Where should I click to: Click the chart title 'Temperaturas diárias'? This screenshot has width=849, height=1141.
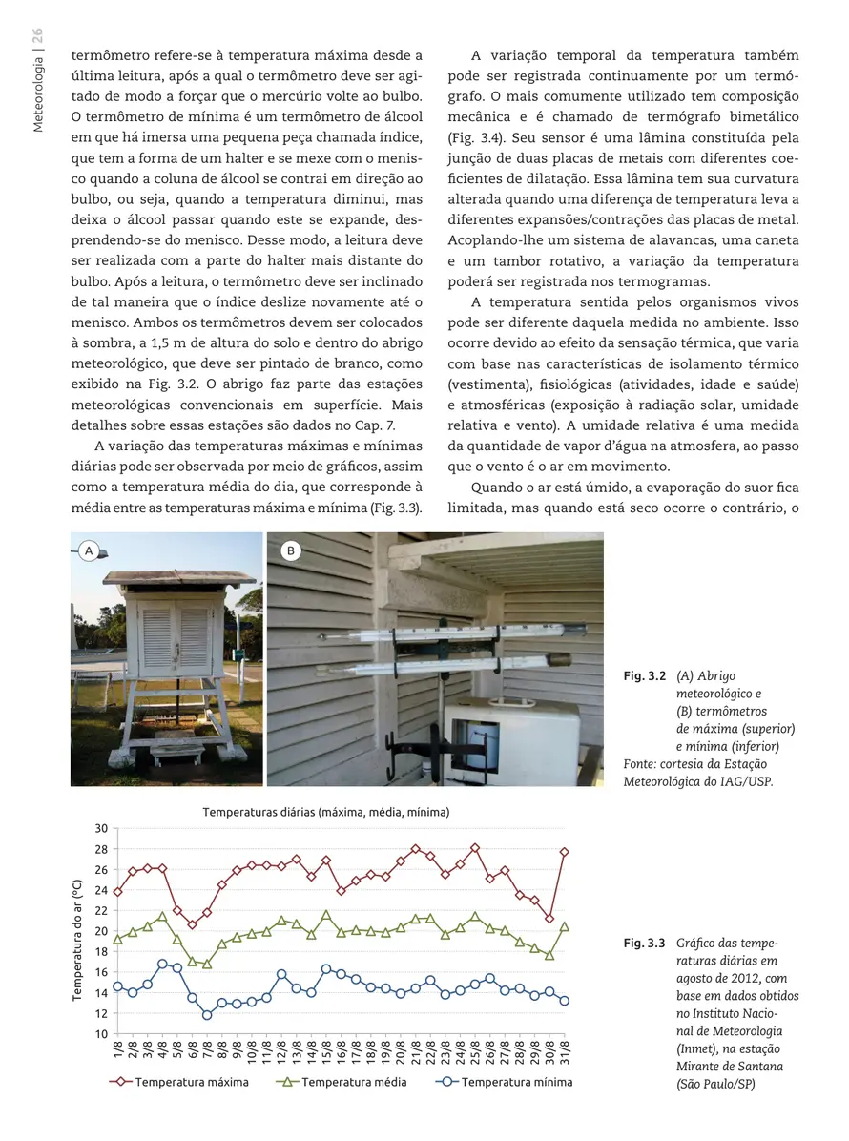(325, 813)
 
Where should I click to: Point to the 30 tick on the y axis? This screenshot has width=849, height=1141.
(101, 828)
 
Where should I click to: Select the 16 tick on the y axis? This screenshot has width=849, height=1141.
(101, 972)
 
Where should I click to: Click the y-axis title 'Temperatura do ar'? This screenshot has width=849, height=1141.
(77, 940)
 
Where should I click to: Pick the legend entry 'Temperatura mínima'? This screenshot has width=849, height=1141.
(516, 1082)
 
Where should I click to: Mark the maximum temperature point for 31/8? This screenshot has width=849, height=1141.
(565, 852)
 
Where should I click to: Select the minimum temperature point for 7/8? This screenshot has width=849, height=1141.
(207, 1015)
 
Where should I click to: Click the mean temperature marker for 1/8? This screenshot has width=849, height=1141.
(117, 940)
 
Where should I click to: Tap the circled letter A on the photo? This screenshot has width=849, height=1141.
(90, 550)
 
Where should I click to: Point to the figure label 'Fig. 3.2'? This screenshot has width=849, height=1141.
(644, 676)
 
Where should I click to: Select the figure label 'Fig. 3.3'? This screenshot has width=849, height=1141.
(644, 944)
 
